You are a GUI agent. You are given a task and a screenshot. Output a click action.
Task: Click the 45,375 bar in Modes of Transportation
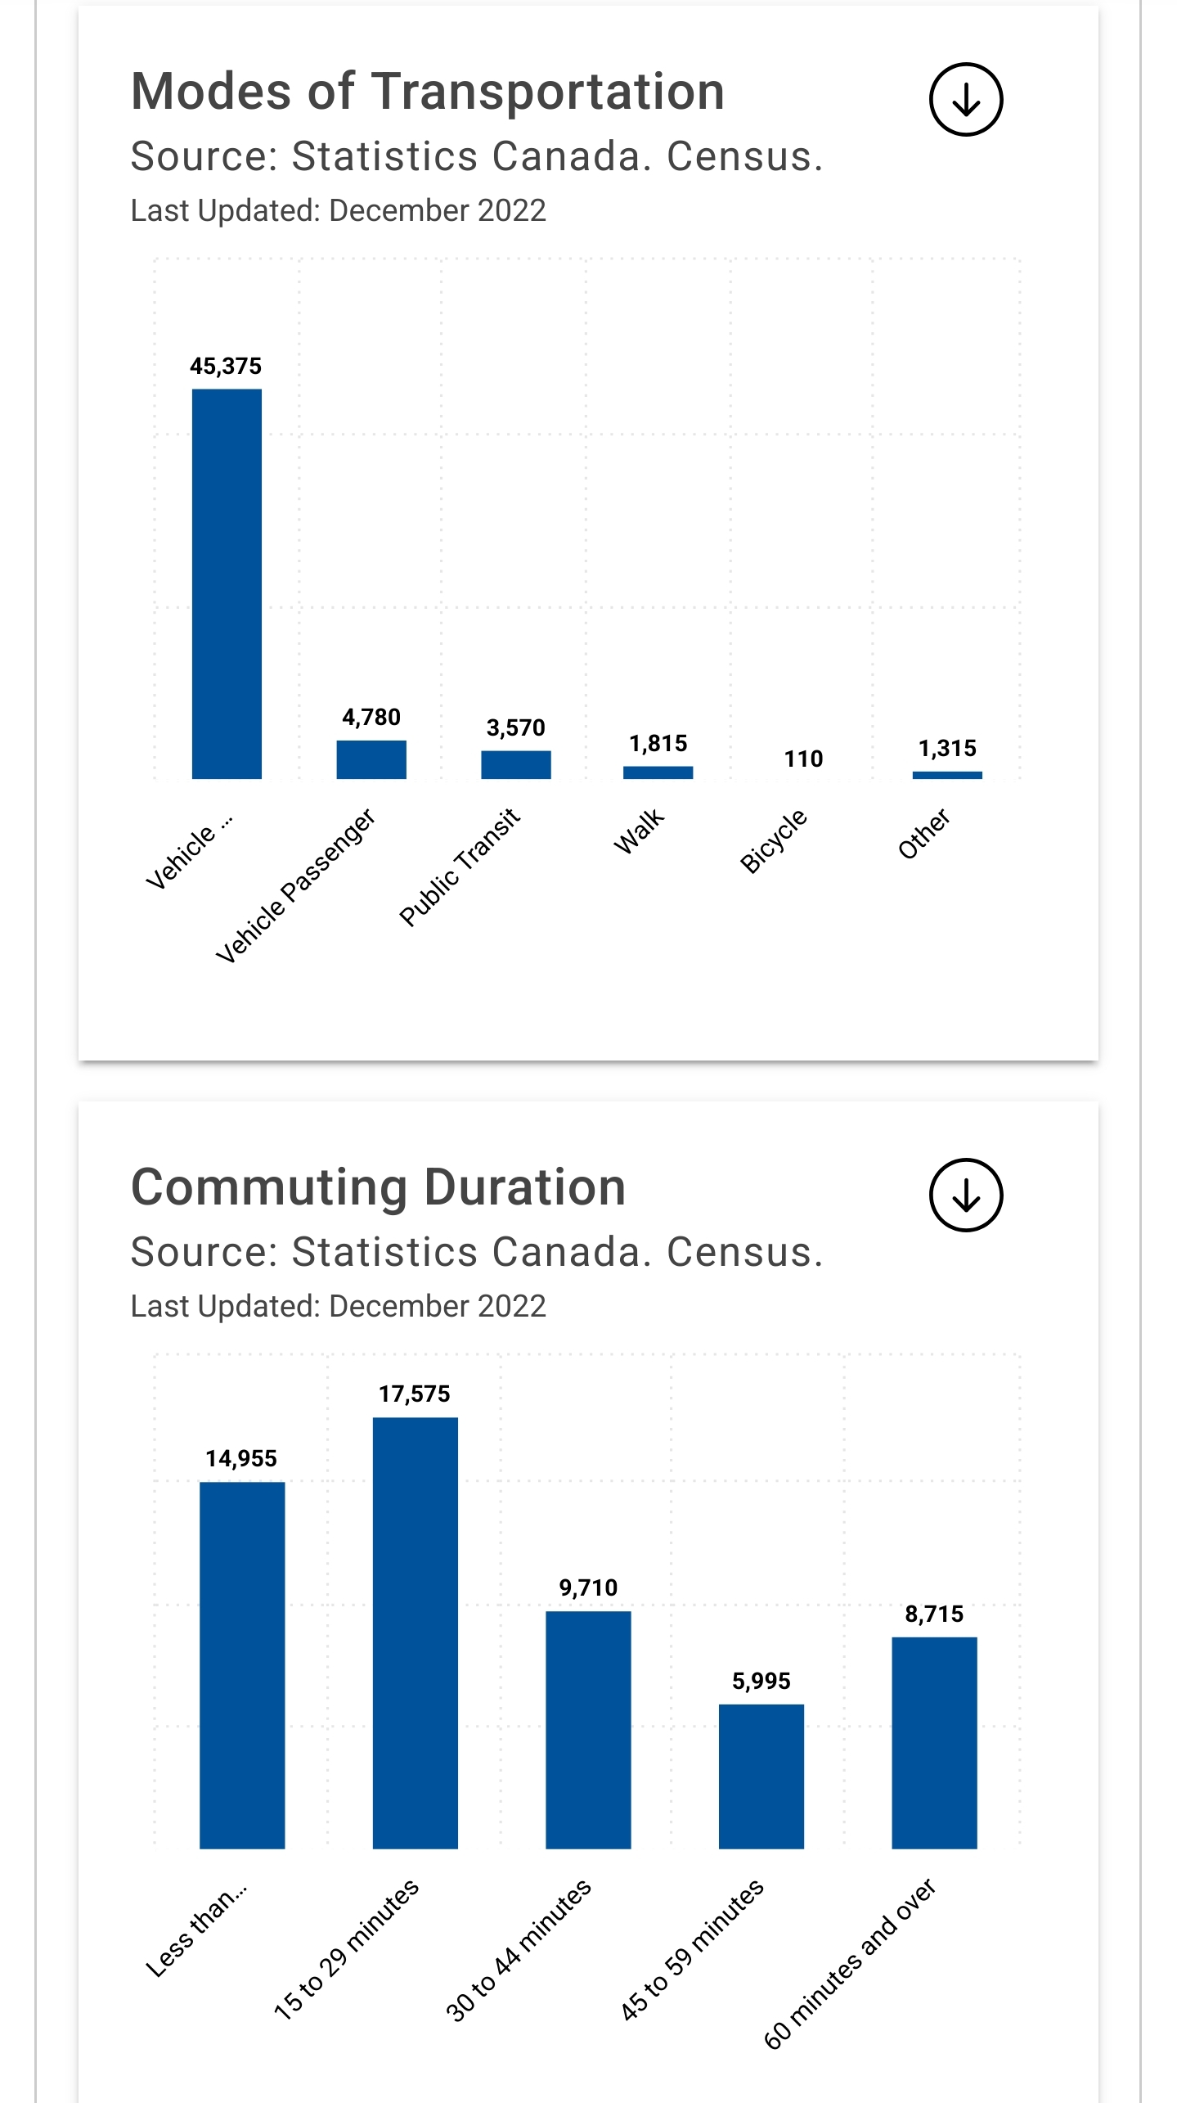coord(227,583)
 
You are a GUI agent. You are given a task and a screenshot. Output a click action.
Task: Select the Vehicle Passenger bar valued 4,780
coord(371,759)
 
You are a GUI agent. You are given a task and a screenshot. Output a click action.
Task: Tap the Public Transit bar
coord(515,764)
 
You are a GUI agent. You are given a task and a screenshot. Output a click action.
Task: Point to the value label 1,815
coord(658,743)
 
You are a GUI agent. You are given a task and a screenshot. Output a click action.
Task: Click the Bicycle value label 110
coord(803,759)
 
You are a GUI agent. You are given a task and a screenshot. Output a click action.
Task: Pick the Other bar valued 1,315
coord(947,774)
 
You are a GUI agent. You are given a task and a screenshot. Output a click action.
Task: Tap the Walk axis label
coord(639,831)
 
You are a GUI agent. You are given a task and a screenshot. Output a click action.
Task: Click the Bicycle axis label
coord(773,841)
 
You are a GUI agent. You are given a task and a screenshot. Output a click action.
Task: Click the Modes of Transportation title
coord(428,91)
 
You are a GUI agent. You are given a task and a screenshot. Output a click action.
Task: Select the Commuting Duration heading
coord(378,1187)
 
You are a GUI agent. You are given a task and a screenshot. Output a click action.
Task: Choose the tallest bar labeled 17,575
coord(415,1632)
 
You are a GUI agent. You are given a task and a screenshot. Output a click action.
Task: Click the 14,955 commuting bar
coord(242,1665)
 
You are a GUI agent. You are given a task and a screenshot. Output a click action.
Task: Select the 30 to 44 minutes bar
coord(588,1730)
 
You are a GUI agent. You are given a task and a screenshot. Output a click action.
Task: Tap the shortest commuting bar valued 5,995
coord(761,1777)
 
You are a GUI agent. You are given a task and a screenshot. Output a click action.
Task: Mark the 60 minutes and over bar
coord(934,1743)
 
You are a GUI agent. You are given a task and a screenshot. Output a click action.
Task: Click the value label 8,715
coord(934,1614)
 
